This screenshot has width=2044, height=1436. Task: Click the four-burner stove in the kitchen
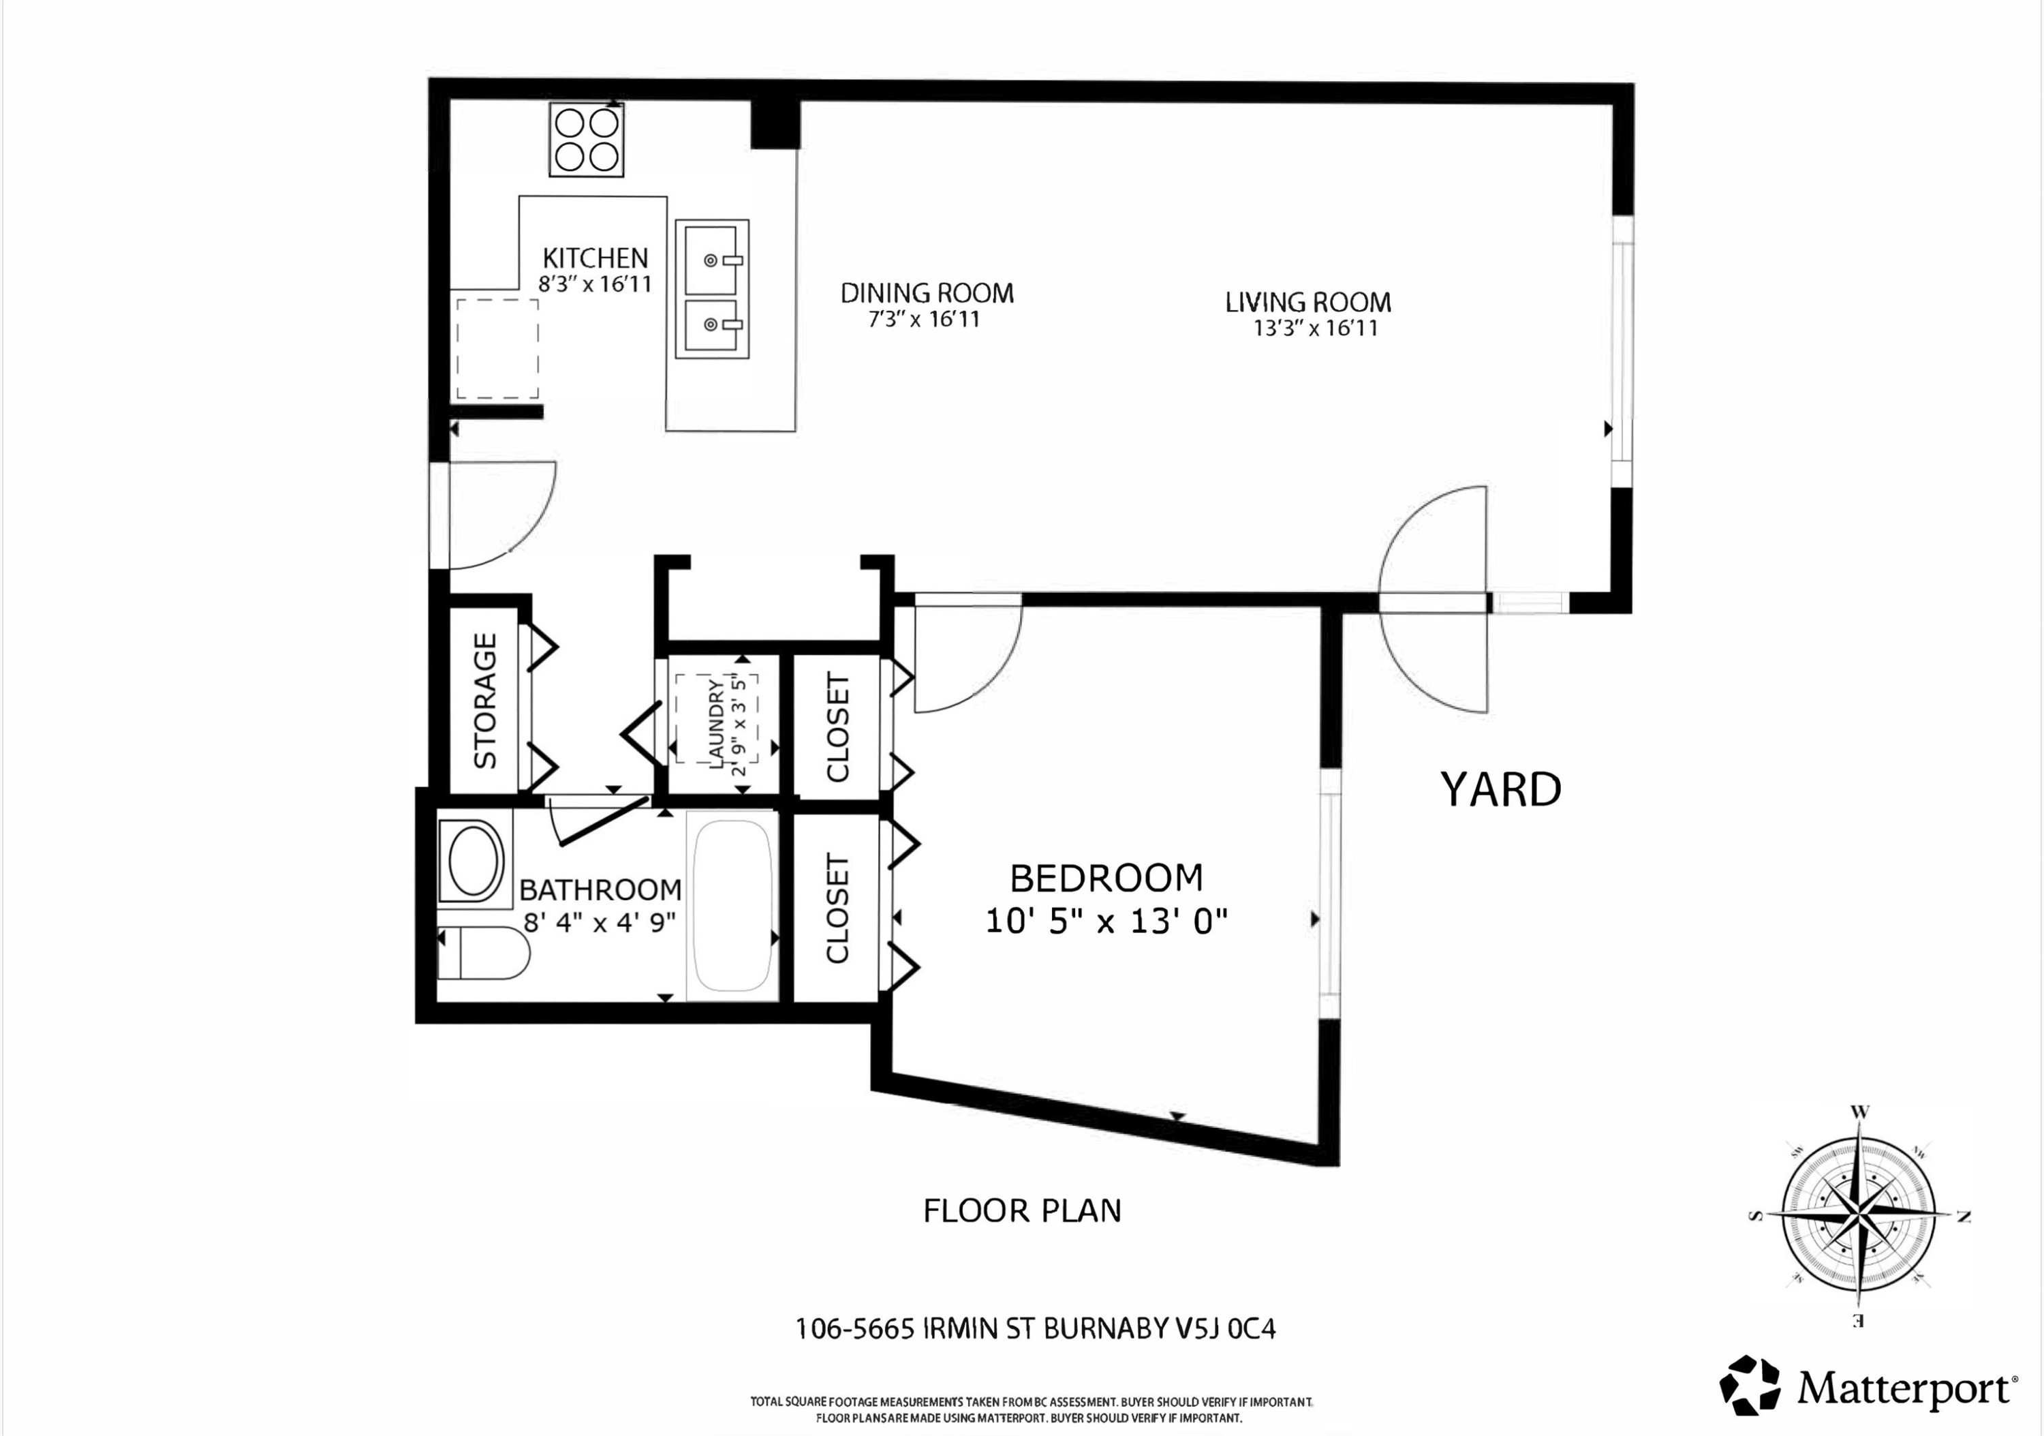pyautogui.click(x=586, y=140)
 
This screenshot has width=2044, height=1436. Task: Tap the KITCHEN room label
pyautogui.click(x=595, y=258)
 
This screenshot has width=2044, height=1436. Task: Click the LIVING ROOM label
pyautogui.click(x=1307, y=302)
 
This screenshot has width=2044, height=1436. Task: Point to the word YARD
pyautogui.click(x=1500, y=790)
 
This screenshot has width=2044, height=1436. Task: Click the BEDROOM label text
pyautogui.click(x=1106, y=878)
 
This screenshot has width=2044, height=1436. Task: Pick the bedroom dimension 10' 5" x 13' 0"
pyautogui.click(x=1106, y=921)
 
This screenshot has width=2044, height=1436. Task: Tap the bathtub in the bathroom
pyautogui.click(x=732, y=904)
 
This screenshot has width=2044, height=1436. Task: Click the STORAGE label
pyautogui.click(x=484, y=701)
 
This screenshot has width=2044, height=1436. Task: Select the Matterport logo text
pyautogui.click(x=1905, y=1388)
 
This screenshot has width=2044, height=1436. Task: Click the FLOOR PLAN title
pyautogui.click(x=1022, y=1211)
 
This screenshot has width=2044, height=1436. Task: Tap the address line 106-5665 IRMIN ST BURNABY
pyautogui.click(x=1034, y=1328)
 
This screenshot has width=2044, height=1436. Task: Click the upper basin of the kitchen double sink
pyautogui.click(x=711, y=259)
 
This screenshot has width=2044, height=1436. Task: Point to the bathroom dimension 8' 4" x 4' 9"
pyautogui.click(x=599, y=921)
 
